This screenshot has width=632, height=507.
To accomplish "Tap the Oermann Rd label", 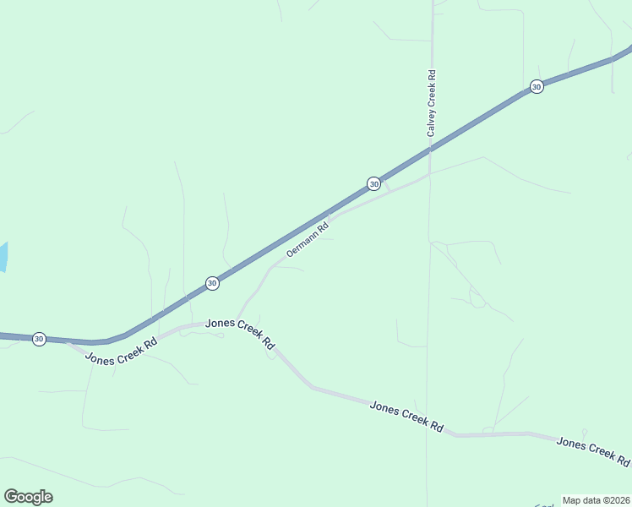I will (x=306, y=239).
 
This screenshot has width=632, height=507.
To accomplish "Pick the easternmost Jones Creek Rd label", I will (x=593, y=453).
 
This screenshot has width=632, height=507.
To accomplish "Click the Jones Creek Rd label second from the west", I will (x=241, y=334).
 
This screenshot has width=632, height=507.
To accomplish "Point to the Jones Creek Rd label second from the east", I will (x=406, y=417).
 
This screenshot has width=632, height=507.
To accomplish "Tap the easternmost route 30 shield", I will (x=536, y=87).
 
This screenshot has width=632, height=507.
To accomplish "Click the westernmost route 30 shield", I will (x=39, y=338).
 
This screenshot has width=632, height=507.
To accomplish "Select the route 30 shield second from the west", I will (x=212, y=283).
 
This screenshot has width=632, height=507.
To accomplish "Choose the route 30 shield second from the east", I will (x=373, y=183).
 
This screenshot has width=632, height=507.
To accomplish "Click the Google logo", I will (x=28, y=497).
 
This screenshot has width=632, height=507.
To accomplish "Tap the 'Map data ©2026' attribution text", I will (x=596, y=500).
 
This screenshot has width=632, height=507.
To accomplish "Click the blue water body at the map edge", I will (x=3, y=257).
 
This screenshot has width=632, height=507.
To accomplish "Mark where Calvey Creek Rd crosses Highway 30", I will (x=430, y=149).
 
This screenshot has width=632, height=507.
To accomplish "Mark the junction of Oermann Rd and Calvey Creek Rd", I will (x=429, y=176).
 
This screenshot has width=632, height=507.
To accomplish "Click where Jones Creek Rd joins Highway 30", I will (x=68, y=342).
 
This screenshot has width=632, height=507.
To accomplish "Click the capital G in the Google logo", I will (x=10, y=497).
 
